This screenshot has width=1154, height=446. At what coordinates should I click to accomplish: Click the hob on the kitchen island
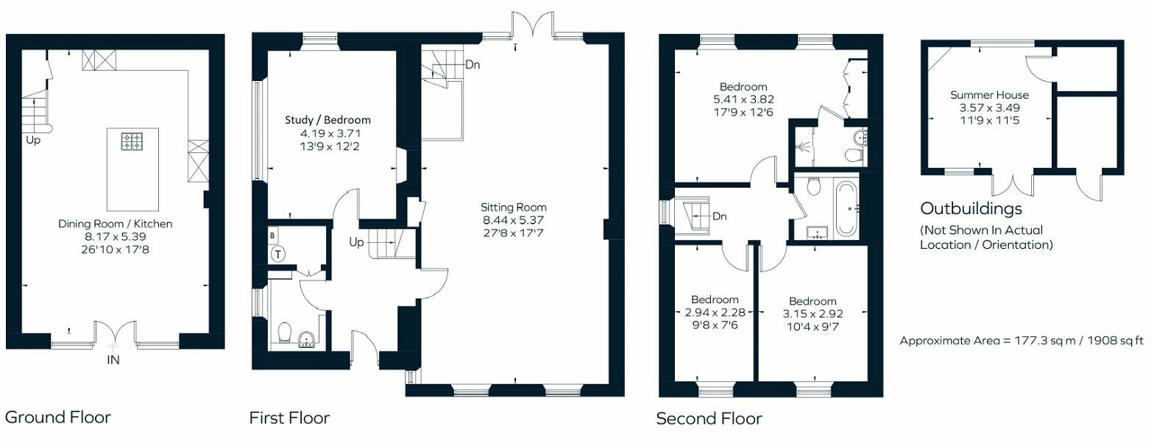pos(132,141)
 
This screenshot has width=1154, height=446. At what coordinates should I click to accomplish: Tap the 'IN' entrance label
pos(113,361)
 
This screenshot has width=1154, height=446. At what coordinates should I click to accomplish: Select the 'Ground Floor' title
pos(57,417)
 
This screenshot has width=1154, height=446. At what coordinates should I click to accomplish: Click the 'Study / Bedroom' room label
pos(328,120)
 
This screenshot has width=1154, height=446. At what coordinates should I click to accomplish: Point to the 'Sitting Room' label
pos(514,208)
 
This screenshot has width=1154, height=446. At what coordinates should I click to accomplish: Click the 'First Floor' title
pos(289,418)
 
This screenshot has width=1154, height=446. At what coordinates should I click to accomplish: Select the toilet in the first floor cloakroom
pos(284,333)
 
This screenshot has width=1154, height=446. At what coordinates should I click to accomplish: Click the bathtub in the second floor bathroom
pos(846,209)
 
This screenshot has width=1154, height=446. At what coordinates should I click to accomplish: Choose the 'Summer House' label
pos(989,95)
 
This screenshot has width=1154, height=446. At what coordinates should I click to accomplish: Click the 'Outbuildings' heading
pos(971,208)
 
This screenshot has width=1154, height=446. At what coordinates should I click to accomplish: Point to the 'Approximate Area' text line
pos(1022,341)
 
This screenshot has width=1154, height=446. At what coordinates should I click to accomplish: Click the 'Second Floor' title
pos(709,419)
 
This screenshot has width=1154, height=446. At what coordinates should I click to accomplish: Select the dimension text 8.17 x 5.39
pos(116,237)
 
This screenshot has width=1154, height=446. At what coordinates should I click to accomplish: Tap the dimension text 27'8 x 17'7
pos(514,234)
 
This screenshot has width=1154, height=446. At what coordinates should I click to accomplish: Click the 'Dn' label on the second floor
pos(720,216)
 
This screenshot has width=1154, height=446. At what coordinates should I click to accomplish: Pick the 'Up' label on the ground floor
pos(33,140)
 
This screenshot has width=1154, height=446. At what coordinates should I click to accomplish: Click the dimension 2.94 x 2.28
pos(714,313)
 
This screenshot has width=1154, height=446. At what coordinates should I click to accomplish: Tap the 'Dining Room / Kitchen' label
pos(116,224)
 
